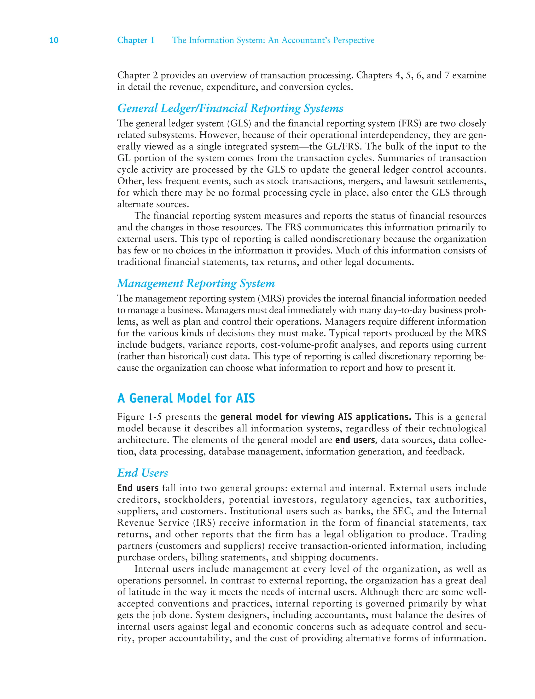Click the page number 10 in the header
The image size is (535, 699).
(x=54, y=40)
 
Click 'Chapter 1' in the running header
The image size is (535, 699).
(x=136, y=40)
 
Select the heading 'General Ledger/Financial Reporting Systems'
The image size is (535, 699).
(x=230, y=108)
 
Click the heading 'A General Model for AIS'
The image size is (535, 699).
(x=186, y=398)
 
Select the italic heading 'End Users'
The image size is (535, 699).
(x=142, y=473)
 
